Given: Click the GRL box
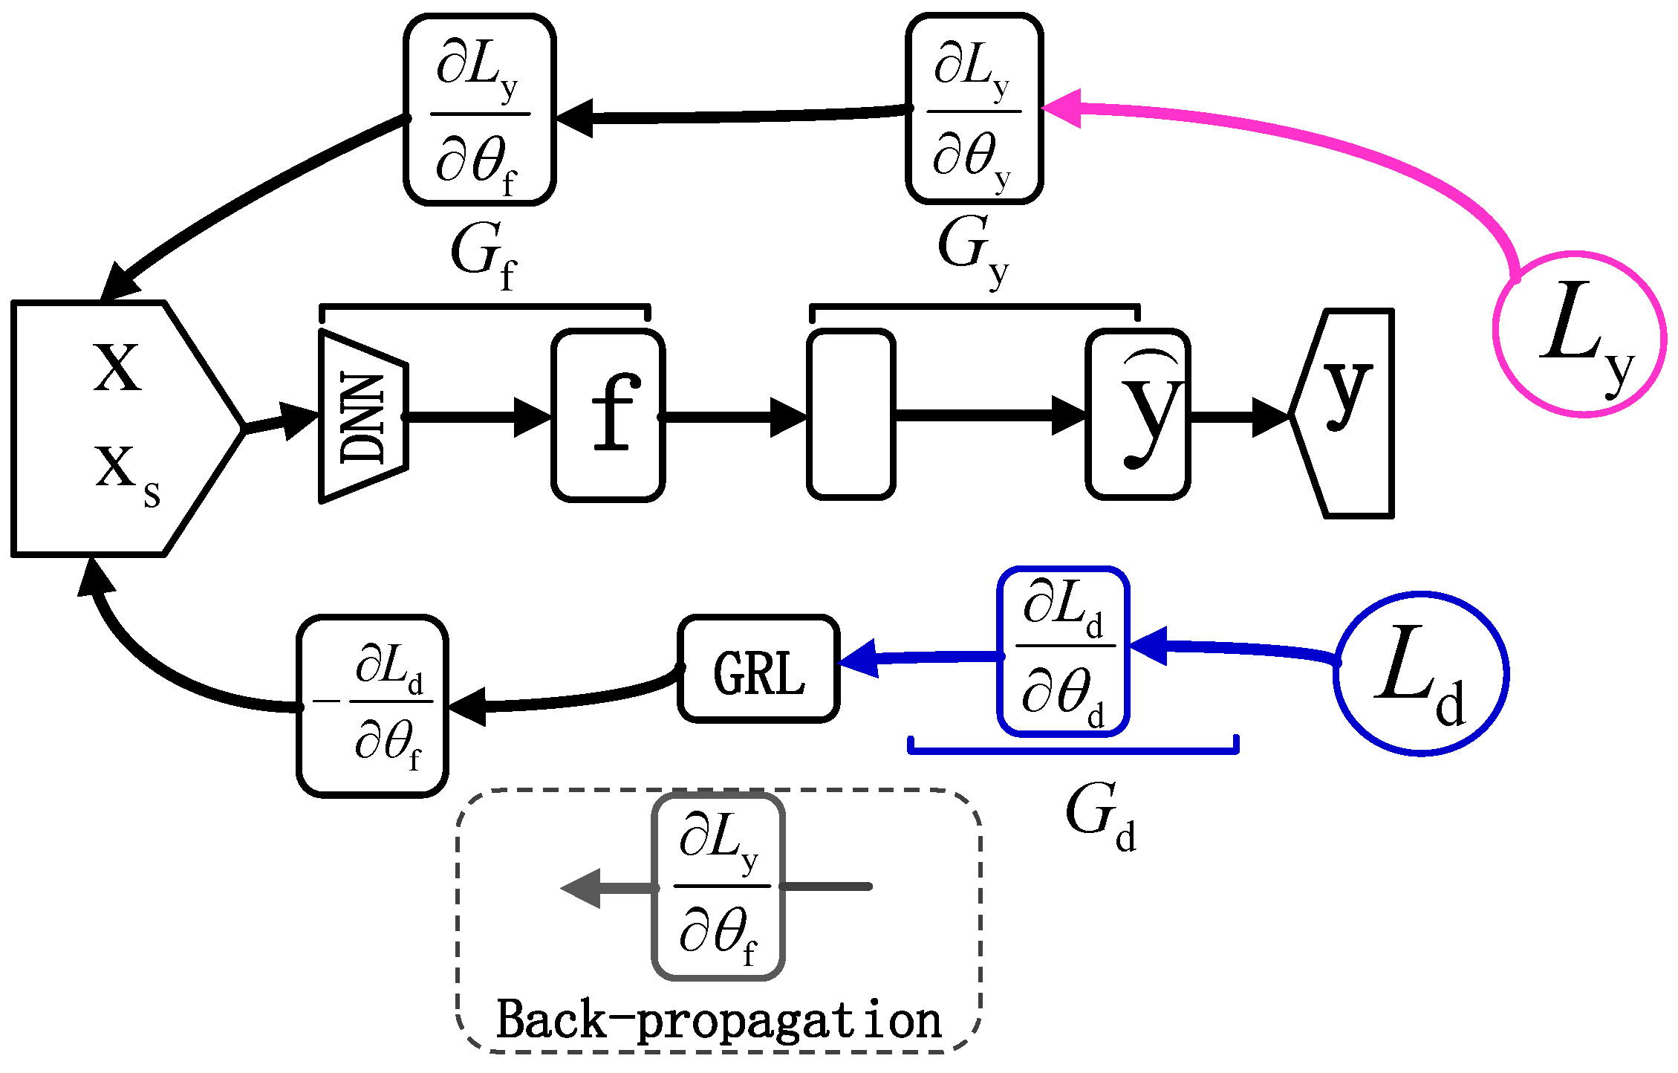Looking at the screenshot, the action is pyautogui.click(x=758, y=669).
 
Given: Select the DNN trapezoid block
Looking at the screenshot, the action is pyautogui.click(x=363, y=416).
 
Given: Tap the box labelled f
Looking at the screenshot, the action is pyautogui.click(x=608, y=415).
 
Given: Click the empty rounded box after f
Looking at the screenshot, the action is pyautogui.click(x=851, y=415).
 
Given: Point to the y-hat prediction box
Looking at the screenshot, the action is pyautogui.click(x=1138, y=415).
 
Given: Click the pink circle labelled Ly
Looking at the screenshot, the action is pyautogui.click(x=1579, y=334).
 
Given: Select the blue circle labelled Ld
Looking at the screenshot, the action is pyautogui.click(x=1421, y=674).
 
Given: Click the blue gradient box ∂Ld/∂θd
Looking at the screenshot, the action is pyautogui.click(x=1063, y=652).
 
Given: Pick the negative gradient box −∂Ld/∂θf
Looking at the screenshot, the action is pyautogui.click(x=372, y=706).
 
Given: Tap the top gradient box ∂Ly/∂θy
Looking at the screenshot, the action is pyautogui.click(x=974, y=108).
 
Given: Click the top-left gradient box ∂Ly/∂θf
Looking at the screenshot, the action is pyautogui.click(x=480, y=109).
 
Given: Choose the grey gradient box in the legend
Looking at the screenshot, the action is pyautogui.click(x=718, y=886).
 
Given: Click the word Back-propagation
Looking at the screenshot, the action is pyautogui.click(x=719, y=1019).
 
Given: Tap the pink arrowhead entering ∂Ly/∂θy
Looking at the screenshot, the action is pyautogui.click(x=1062, y=108).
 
